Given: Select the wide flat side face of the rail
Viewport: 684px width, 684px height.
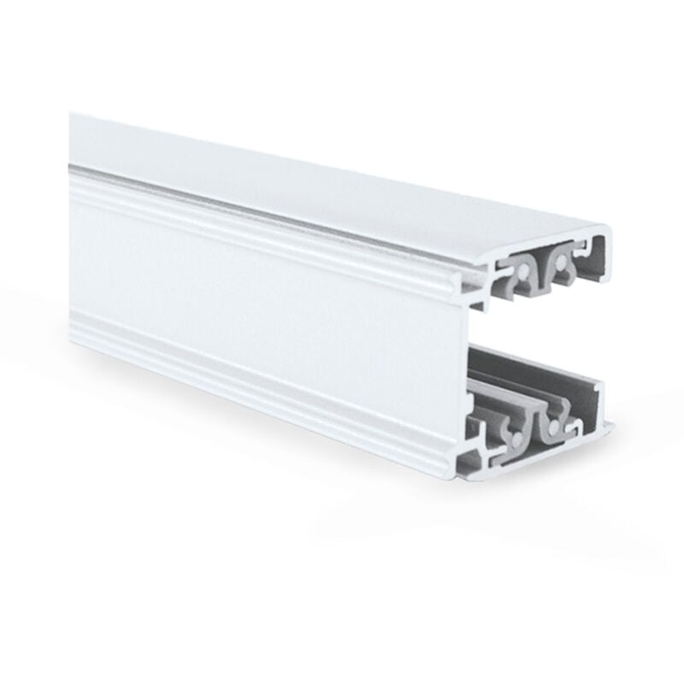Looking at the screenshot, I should point(256,282).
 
